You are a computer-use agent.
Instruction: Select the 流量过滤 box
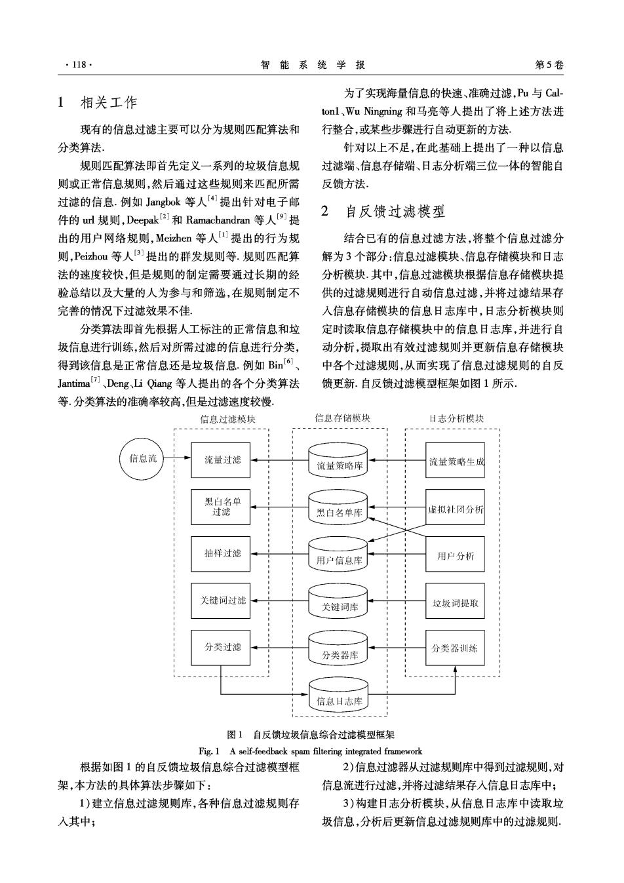220,460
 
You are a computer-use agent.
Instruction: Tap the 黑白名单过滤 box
220,507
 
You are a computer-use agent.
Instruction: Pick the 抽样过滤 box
220,554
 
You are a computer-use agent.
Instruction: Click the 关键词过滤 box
220,600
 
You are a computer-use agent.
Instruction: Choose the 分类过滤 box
220,648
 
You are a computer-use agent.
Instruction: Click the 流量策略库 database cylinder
338,460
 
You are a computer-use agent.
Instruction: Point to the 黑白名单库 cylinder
338,507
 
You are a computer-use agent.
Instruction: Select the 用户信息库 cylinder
338,554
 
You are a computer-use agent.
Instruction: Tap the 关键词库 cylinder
338,600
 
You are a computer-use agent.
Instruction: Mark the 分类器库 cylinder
338,648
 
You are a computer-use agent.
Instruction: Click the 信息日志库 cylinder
338,695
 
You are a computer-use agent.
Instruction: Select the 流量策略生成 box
456,460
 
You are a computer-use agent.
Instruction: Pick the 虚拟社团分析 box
456,507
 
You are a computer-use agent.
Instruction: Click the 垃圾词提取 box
456,600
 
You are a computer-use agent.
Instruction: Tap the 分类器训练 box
456,648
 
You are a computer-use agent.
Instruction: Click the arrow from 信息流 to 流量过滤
177,458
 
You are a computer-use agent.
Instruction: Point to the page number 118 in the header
79,65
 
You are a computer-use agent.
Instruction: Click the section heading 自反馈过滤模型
395,212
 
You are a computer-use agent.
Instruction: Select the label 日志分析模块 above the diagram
456,418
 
